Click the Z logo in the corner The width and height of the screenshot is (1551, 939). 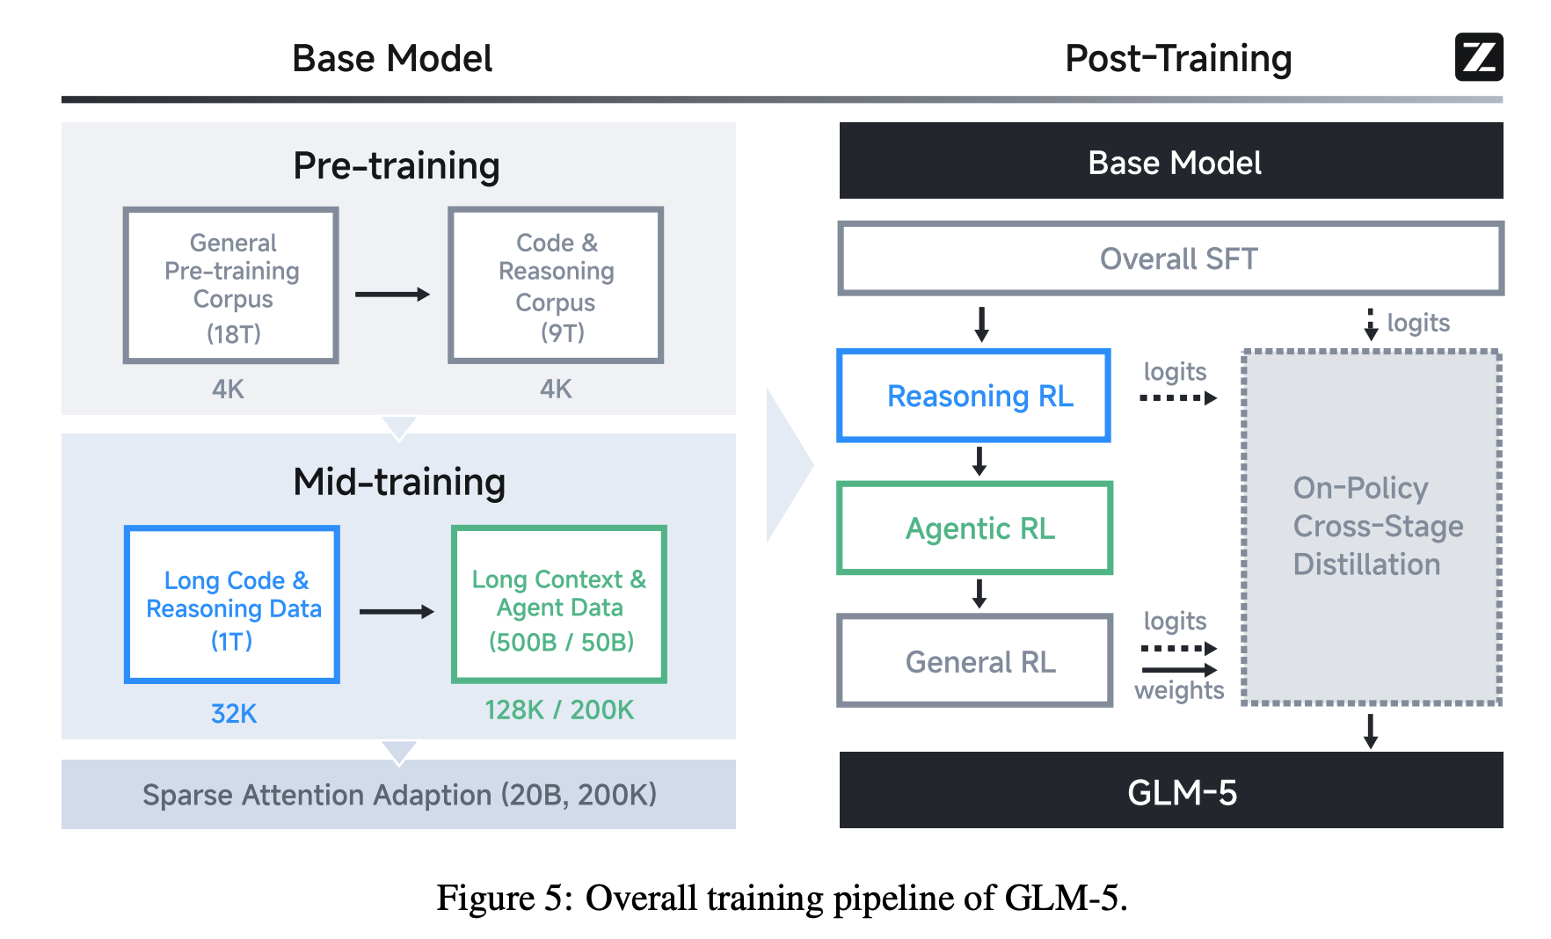tap(1478, 57)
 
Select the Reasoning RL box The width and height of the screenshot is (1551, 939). tap(974, 396)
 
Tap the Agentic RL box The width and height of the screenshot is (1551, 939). tap(975, 528)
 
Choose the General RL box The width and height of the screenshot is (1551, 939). tap(975, 661)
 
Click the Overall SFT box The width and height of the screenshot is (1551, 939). tap(1170, 258)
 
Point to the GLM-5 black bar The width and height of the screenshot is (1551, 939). tap(1170, 791)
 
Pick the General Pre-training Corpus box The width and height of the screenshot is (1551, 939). tap(231, 286)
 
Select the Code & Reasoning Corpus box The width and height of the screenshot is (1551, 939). tap(556, 286)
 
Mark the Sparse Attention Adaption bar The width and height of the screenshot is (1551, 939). tap(398, 795)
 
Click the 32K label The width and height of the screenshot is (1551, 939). tap(234, 713)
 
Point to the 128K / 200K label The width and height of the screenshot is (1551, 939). tap(559, 710)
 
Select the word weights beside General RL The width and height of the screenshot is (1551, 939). tap(1179, 691)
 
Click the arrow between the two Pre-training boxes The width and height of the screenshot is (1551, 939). tap(392, 295)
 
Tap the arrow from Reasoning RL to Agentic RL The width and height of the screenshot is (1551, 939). tap(979, 461)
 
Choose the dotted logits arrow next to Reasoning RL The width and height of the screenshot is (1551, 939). tap(1178, 398)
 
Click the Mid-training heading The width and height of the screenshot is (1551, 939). tap(399, 482)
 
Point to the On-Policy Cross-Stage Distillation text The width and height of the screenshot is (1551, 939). tap(1377, 526)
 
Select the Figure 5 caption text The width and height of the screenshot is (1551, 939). tap(782, 899)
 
